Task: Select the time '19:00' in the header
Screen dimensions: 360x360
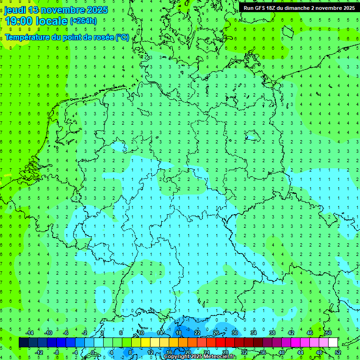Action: (19, 21)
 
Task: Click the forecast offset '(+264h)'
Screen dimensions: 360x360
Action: (83, 21)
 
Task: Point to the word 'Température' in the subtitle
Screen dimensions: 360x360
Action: (31, 37)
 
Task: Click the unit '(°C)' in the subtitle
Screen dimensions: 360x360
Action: (122, 37)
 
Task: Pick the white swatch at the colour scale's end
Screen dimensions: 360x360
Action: (333, 343)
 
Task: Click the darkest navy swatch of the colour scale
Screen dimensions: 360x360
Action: (23, 343)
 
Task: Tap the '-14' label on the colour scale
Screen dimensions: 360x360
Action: (29, 333)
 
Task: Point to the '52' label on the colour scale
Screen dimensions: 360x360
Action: (338, 352)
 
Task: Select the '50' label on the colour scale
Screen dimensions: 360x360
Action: (328, 333)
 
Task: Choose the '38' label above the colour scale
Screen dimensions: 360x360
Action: (272, 333)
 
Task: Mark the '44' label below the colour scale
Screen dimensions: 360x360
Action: (300, 352)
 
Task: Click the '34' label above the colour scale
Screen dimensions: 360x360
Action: (253, 333)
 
